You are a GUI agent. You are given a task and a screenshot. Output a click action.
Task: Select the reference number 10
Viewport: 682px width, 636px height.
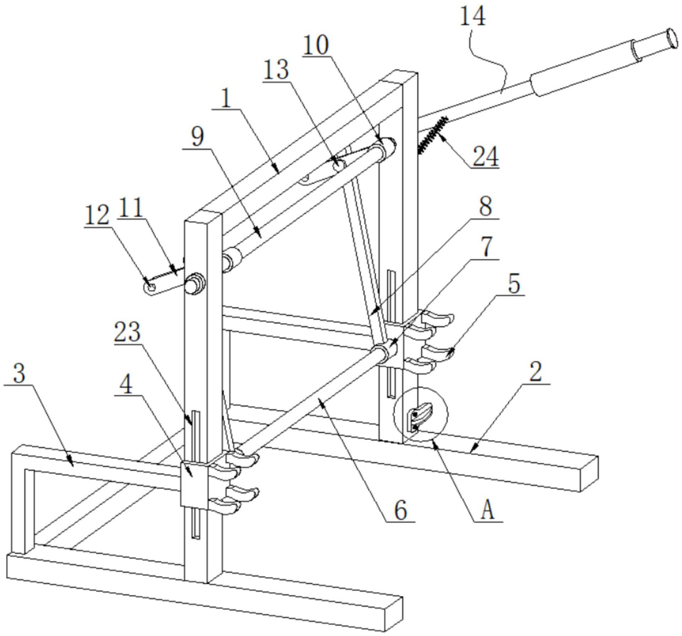[316, 45]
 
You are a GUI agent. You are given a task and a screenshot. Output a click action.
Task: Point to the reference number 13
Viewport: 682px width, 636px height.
[276, 70]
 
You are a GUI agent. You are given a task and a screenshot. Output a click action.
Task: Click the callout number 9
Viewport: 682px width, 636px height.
[198, 137]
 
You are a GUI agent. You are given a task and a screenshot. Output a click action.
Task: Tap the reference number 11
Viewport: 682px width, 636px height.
[130, 208]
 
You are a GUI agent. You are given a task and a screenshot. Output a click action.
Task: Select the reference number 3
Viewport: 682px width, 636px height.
[19, 374]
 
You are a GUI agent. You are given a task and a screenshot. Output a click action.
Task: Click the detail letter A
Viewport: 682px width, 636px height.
[488, 511]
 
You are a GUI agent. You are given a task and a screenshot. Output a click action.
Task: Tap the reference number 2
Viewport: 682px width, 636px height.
[536, 372]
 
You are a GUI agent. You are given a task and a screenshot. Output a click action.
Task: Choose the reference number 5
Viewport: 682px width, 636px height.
[514, 284]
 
